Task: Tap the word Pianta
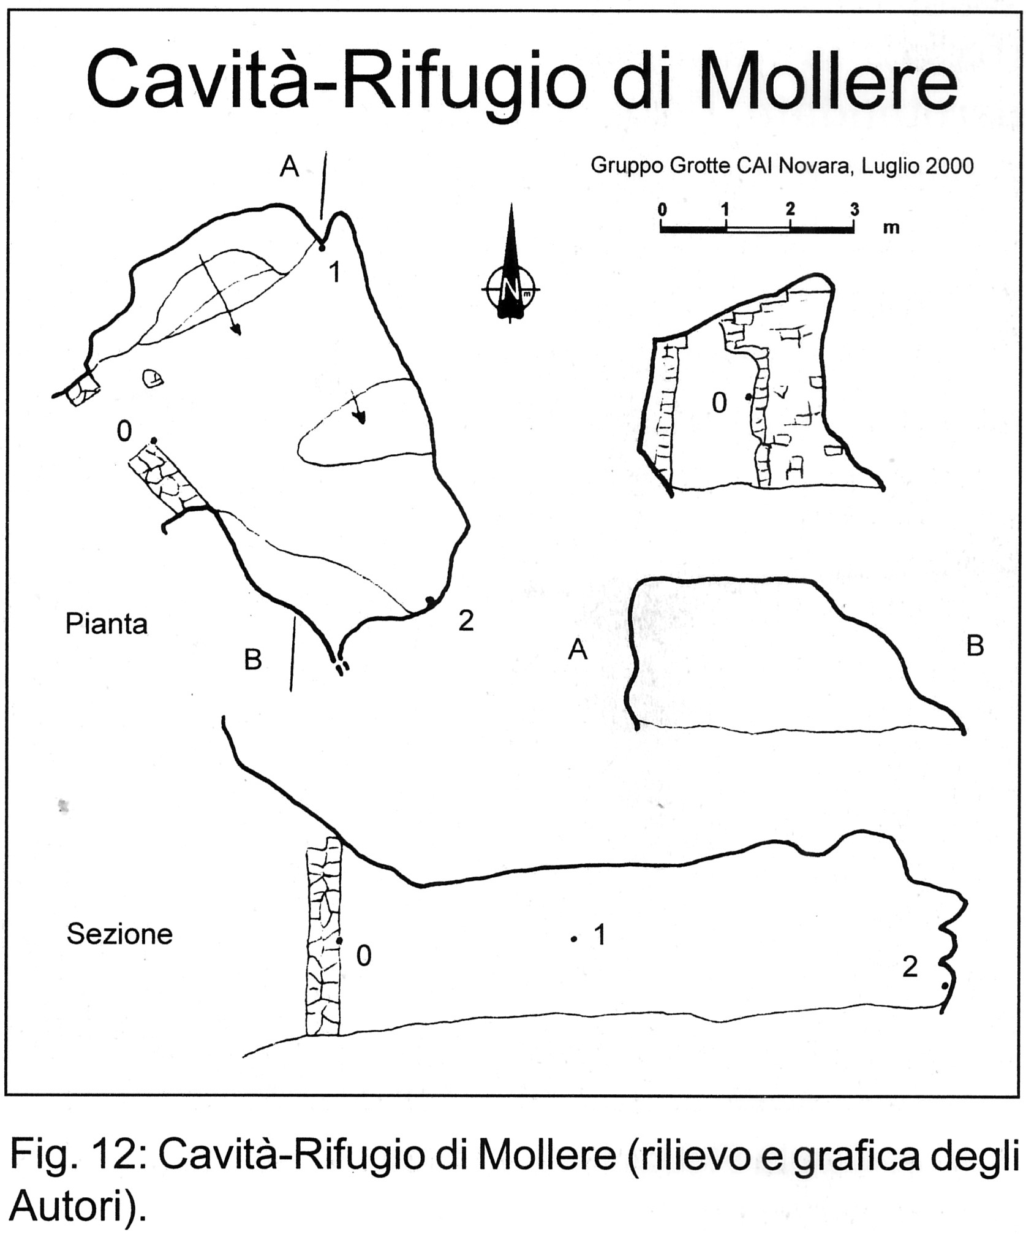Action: tap(107, 624)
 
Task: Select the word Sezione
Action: tap(119, 934)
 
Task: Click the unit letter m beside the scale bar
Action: tap(891, 228)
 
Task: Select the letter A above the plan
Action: tap(290, 166)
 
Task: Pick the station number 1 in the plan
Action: tap(334, 273)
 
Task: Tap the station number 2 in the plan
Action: tap(466, 621)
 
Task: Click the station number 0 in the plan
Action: tap(124, 432)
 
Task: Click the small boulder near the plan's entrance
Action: tap(153, 378)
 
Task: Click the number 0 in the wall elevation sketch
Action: tap(719, 403)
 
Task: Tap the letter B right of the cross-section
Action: tap(975, 646)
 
